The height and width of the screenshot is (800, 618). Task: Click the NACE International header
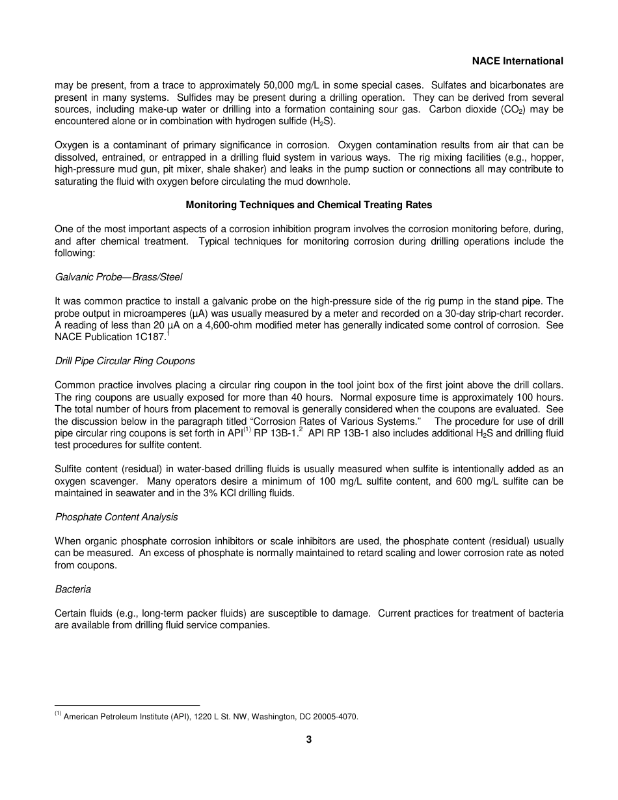(x=517, y=61)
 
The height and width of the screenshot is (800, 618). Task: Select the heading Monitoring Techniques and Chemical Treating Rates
(x=309, y=205)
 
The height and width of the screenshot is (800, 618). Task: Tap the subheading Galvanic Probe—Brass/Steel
(x=118, y=277)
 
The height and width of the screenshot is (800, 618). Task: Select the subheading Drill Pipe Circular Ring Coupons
(x=125, y=361)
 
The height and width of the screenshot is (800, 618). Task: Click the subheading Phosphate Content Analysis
(x=116, y=517)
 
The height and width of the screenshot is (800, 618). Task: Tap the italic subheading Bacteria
(x=73, y=589)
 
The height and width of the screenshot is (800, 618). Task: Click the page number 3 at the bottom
(x=309, y=740)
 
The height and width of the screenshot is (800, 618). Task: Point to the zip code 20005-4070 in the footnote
(x=334, y=717)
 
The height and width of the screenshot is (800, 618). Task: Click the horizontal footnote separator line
(x=127, y=705)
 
